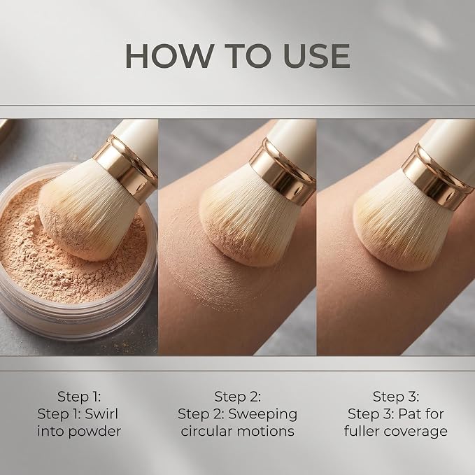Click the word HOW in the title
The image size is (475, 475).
(x=169, y=56)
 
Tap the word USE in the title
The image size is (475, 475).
(x=317, y=56)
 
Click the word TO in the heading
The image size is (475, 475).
(x=248, y=56)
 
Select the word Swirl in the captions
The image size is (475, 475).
(x=101, y=414)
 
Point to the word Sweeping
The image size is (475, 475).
(x=262, y=414)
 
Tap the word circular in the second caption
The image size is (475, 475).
(x=206, y=431)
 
